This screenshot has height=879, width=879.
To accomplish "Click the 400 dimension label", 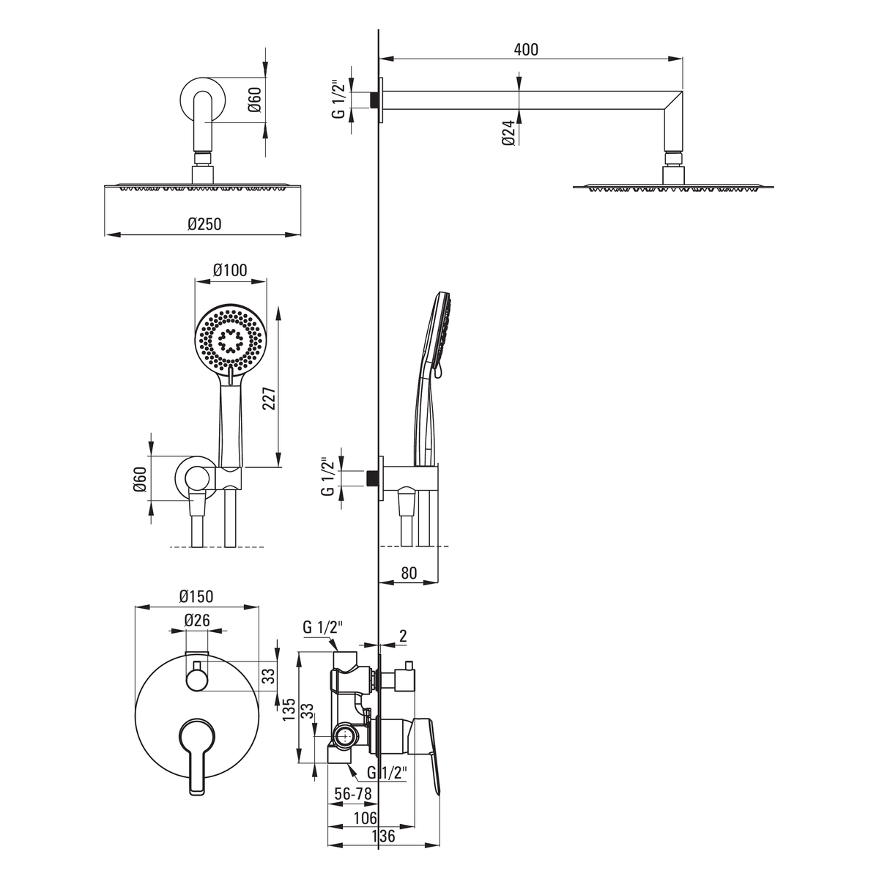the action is [526, 49].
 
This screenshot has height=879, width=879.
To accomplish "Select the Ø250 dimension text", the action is [204, 224].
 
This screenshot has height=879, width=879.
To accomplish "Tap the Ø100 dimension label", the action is [230, 270].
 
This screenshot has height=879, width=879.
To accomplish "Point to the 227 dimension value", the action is [270, 398].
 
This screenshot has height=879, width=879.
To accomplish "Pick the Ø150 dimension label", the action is [196, 596].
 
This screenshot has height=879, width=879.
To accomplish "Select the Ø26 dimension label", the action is [197, 620].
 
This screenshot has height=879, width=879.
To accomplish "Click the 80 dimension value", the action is [409, 573].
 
